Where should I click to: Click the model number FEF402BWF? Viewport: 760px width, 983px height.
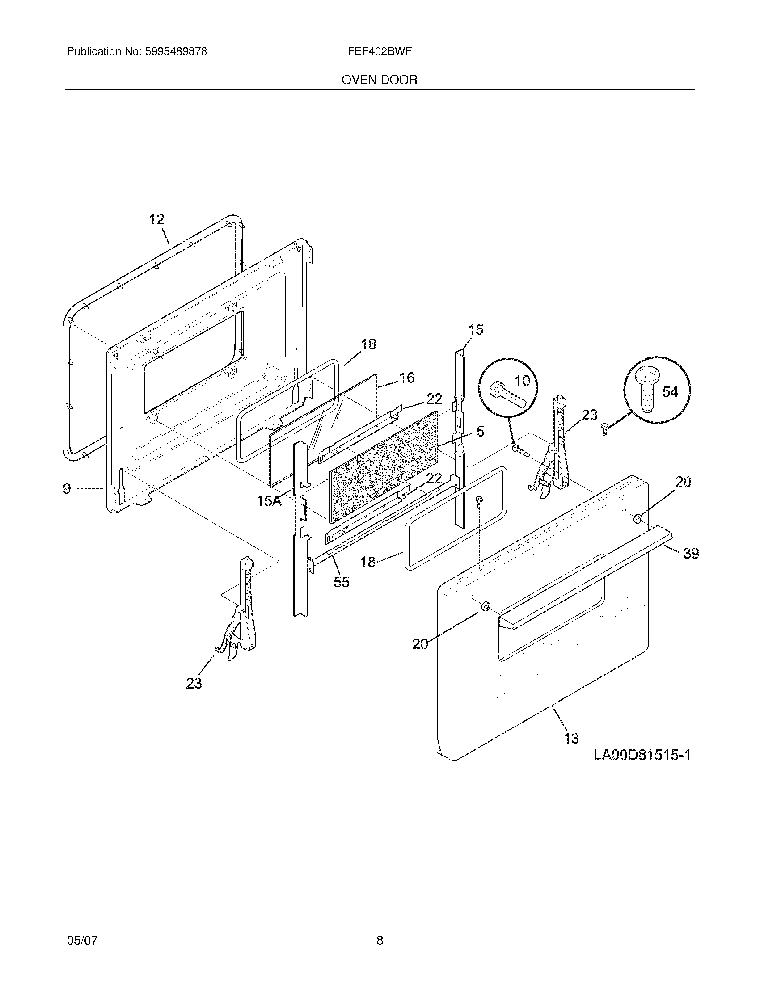tap(380, 51)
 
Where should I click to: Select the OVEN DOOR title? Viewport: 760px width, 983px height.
tap(380, 80)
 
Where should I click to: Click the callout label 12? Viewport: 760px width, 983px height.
tap(156, 220)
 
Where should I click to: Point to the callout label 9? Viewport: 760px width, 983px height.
tap(67, 488)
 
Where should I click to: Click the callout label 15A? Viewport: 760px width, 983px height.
tap(269, 501)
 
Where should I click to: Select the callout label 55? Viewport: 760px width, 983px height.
tap(341, 582)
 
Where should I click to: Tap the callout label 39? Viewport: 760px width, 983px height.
tap(691, 553)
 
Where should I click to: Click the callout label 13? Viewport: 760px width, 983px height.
tap(571, 738)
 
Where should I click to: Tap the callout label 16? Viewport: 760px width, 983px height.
tap(407, 378)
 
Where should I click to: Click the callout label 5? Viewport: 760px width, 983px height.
tap(480, 431)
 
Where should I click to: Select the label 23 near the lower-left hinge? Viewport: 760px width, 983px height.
tap(194, 683)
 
